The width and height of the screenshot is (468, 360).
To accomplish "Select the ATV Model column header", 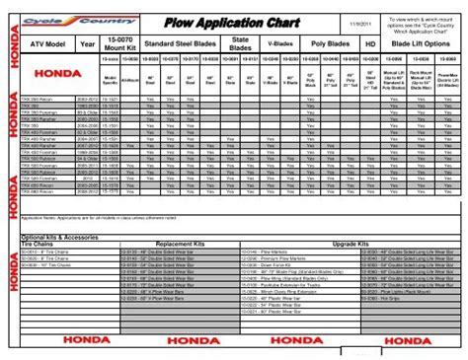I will (x=46, y=43).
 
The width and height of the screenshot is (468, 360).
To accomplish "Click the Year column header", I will (x=88, y=43).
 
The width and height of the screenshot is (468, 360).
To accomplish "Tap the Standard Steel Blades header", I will (x=184, y=43).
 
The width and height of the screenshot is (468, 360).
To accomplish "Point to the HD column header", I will (x=369, y=43).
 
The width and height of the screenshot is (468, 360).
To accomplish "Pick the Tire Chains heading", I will (x=39, y=244).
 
